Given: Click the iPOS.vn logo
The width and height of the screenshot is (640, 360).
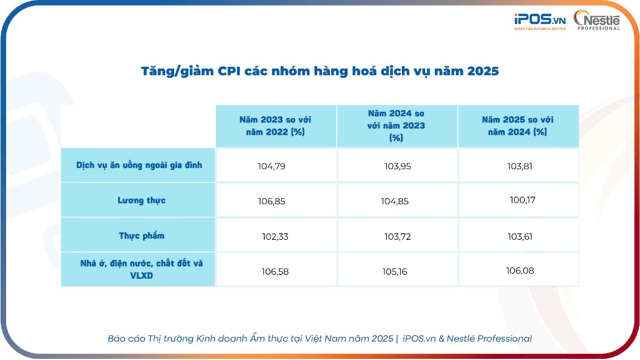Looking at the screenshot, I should point(539,21).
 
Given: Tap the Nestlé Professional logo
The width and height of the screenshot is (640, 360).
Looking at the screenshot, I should point(597,21).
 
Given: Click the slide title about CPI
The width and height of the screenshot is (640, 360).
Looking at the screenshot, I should point(319,72).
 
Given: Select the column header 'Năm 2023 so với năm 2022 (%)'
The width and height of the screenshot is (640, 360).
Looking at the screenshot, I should point(276,126).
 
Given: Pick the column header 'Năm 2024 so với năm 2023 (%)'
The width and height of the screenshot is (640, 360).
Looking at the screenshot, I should point(396,126).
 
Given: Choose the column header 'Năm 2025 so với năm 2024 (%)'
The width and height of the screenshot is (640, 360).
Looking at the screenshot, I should point(518,126).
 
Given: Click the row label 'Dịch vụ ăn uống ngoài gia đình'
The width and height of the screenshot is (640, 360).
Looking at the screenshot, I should point(139,165).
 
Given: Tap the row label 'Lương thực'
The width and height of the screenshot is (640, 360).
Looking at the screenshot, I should point(141,200).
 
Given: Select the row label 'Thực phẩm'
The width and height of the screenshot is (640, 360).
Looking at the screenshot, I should point(141,235).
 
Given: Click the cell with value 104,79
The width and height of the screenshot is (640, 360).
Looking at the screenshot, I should point(272,166).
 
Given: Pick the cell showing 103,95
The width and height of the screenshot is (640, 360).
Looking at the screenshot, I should point(398,166).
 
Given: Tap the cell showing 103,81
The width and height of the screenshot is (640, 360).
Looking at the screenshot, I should point(520,166).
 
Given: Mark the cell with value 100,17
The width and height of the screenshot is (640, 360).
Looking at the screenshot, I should point(523,200).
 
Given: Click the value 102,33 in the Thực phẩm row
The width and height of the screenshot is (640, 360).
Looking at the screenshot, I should point(275,236).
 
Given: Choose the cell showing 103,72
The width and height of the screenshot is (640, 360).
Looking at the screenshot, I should point(398,236).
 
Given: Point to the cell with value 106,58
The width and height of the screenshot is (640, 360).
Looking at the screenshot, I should point(275,272).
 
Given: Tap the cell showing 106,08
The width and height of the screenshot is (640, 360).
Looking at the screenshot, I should point(520,270).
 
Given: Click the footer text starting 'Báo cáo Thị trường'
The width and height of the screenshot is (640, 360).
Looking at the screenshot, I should point(319,338).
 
